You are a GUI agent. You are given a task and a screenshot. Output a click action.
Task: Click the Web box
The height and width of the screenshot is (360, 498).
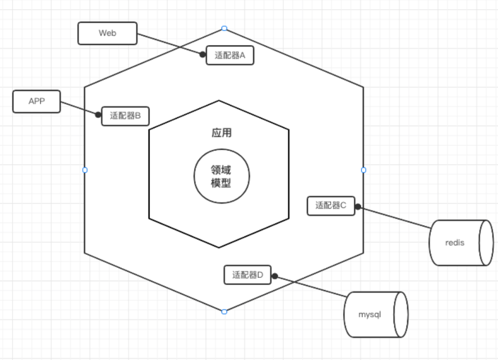(107, 33)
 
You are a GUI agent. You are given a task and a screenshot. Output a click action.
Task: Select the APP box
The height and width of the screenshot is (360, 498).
(36, 102)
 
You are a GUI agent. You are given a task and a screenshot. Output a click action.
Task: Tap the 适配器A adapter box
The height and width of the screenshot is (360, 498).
(230, 55)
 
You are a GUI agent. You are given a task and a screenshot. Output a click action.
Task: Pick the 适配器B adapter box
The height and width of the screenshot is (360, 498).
(125, 116)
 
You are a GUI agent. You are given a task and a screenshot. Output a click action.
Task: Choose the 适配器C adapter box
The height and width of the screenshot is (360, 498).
(331, 206)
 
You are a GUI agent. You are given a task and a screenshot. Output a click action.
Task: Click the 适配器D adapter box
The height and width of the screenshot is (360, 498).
(248, 275)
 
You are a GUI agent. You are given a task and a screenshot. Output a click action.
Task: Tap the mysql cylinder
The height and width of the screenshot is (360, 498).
(372, 315)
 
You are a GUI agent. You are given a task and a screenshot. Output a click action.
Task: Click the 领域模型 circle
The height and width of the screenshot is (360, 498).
(221, 177)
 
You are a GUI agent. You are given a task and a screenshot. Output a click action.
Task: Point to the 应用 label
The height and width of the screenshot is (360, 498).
(221, 133)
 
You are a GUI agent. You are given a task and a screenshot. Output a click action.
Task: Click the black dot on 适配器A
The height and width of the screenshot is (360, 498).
(202, 54)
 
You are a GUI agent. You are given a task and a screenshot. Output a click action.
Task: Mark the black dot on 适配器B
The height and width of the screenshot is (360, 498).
(98, 114)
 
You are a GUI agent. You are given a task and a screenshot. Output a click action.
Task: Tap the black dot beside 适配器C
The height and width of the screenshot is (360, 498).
(358, 207)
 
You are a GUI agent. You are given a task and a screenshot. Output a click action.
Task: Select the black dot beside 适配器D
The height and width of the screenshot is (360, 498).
(274, 276)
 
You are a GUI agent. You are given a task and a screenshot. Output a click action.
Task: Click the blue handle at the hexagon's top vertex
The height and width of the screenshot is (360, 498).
(224, 29)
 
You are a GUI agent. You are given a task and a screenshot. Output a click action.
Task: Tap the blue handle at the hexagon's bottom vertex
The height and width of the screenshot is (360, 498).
(224, 312)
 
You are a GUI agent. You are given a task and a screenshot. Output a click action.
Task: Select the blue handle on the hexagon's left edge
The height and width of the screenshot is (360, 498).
(85, 170)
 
